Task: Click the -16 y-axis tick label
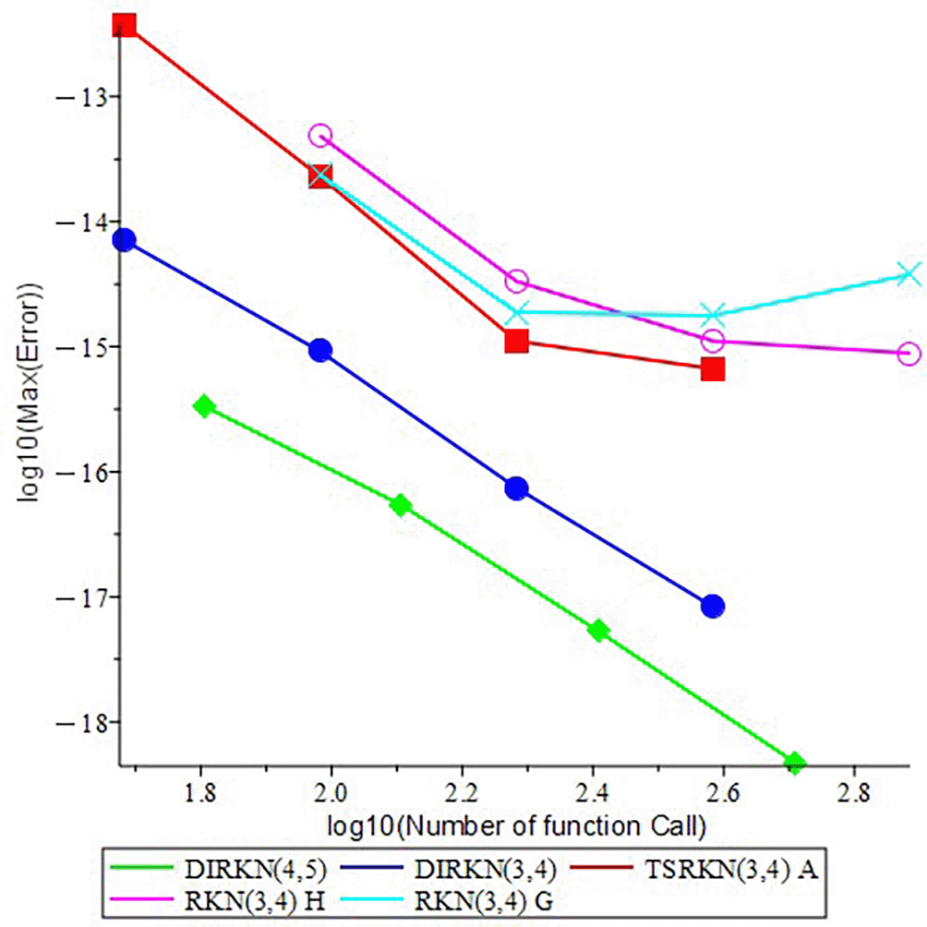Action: [x=85, y=472]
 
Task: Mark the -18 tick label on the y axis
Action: [x=85, y=722]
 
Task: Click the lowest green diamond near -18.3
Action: [x=795, y=762]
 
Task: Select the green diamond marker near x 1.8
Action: [x=204, y=406]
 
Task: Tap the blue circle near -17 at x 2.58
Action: [x=713, y=607]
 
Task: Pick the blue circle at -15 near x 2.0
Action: [x=320, y=350]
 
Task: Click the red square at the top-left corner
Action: [x=125, y=25]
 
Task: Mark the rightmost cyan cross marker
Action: [x=909, y=273]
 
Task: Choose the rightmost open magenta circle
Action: [x=909, y=354]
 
